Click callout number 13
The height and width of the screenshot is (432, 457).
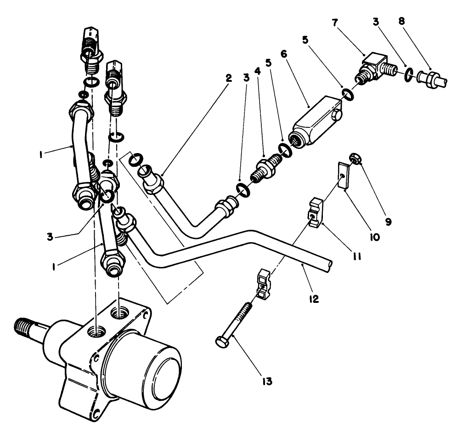267,381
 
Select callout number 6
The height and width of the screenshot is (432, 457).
283,54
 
